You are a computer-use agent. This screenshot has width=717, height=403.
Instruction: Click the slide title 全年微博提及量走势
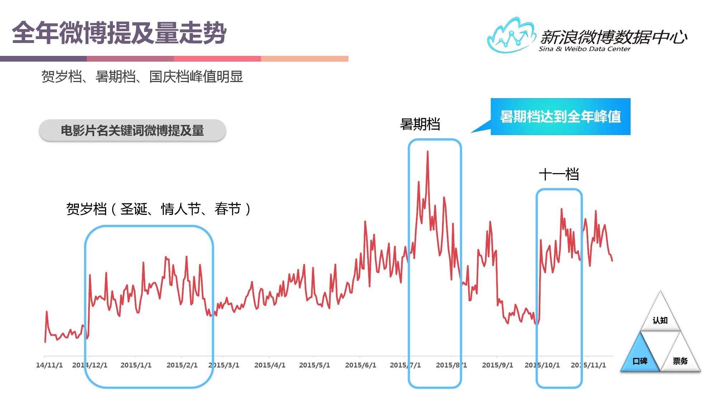[119, 33]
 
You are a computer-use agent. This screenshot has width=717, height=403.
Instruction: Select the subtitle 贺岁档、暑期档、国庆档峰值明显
[142, 76]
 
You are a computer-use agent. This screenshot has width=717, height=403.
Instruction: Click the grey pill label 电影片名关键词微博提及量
[132, 130]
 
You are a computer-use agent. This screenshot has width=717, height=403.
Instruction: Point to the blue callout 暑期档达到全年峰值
[560, 116]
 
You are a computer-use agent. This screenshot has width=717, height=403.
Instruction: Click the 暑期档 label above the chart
[420, 124]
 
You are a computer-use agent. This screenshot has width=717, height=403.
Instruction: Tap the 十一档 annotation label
[559, 174]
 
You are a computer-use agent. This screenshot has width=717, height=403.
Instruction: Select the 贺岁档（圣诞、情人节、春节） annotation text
[158, 209]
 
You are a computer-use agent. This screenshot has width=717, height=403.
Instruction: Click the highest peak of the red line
[427, 152]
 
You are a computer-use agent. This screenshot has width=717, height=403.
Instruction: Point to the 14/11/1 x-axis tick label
[49, 365]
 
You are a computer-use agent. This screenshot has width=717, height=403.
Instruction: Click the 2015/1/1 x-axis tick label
[136, 365]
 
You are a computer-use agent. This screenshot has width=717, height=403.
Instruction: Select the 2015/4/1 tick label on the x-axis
[270, 365]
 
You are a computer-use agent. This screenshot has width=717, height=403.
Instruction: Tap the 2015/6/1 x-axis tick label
[360, 365]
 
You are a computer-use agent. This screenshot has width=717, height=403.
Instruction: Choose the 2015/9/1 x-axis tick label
[497, 365]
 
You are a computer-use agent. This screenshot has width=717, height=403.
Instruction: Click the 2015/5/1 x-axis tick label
[314, 365]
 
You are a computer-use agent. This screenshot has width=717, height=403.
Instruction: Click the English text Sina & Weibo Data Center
[584, 49]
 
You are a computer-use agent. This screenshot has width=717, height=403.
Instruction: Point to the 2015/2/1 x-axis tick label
[182, 365]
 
